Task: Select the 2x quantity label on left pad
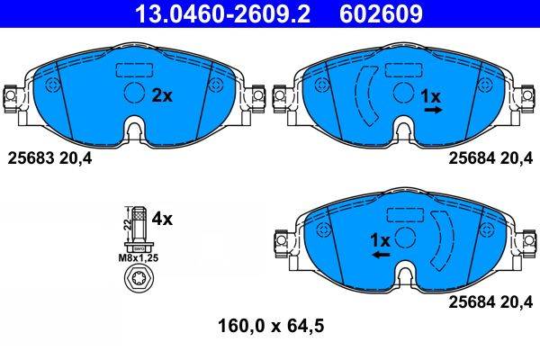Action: tap(161, 94)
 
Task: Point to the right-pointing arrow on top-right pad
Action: tap(433, 110)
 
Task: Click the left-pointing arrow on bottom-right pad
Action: tap(381, 256)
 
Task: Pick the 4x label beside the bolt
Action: tap(162, 218)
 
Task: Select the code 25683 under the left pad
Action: tap(30, 158)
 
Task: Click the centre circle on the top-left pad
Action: tap(133, 94)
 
